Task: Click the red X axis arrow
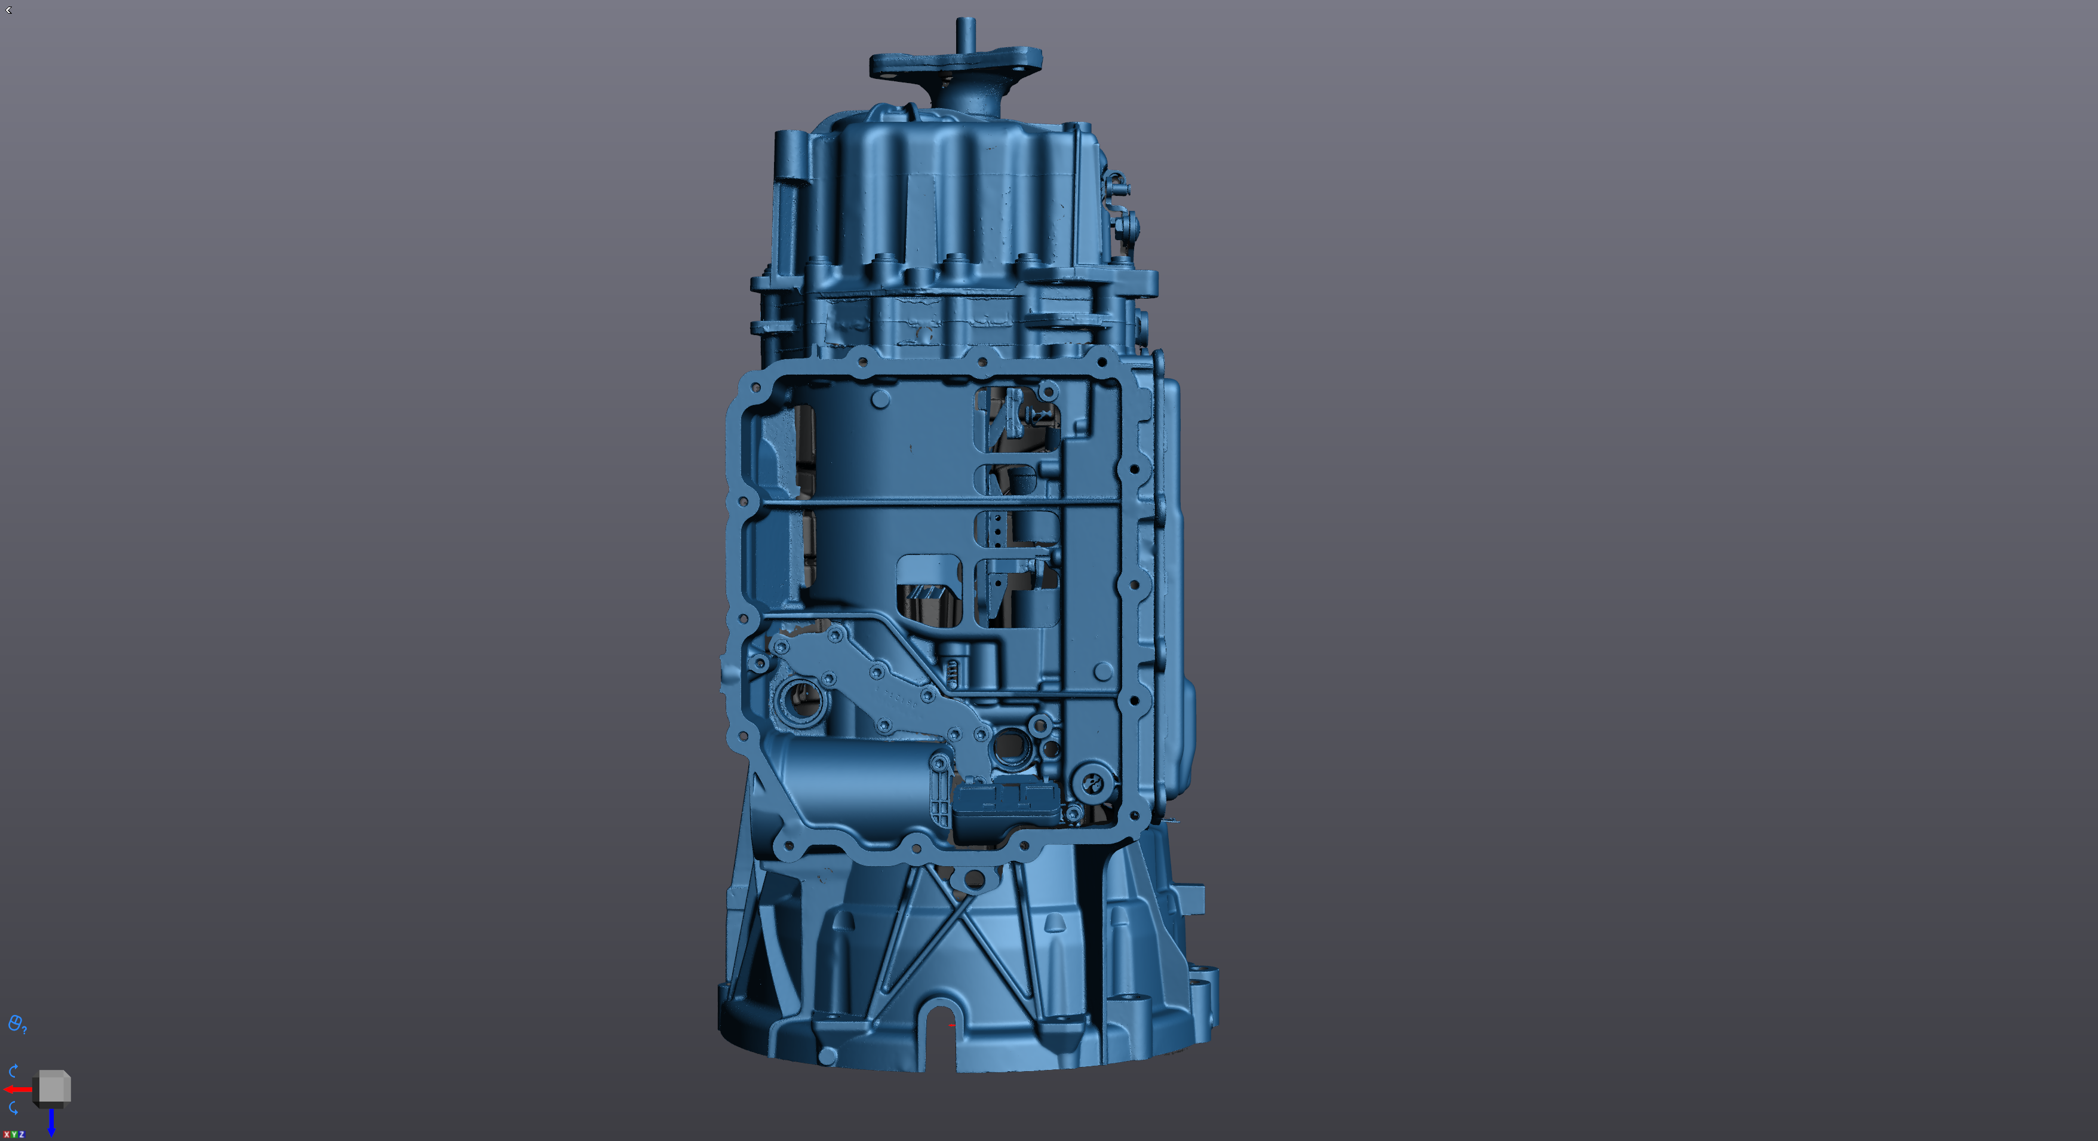pyautogui.click(x=18, y=1089)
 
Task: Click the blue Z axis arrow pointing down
pyautogui.click(x=51, y=1122)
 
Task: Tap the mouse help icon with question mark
pyautogui.click(x=16, y=1024)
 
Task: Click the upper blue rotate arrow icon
pyautogui.click(x=13, y=1070)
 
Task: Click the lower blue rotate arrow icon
pyautogui.click(x=13, y=1108)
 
